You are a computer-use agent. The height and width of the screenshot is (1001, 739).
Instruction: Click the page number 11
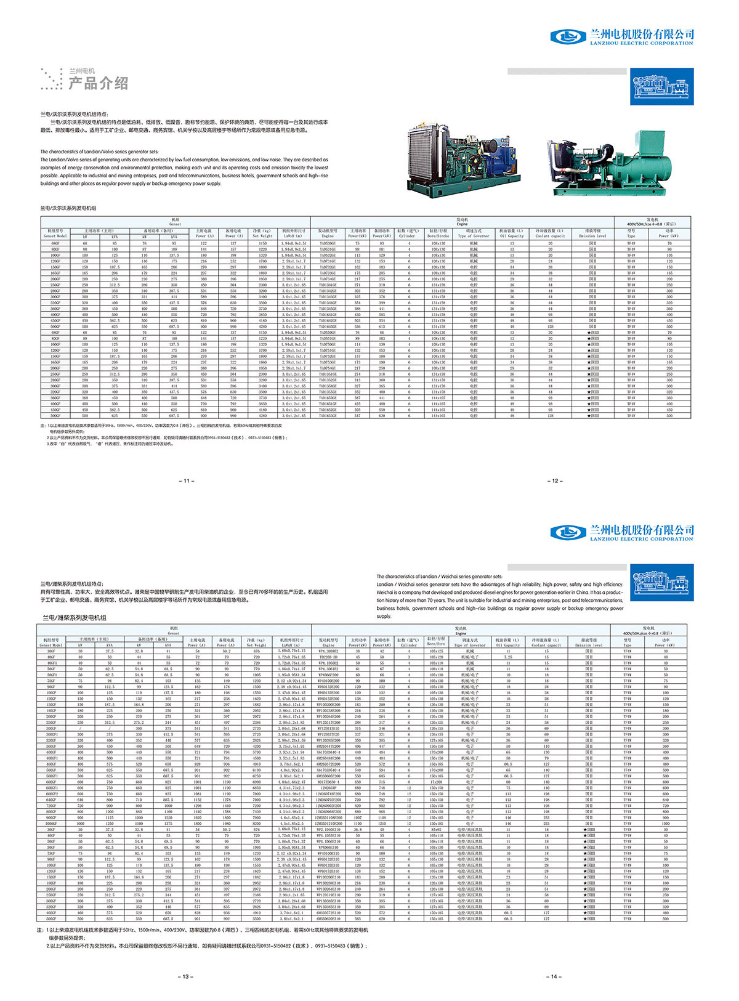point(187,480)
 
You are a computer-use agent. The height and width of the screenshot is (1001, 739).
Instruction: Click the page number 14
point(554,976)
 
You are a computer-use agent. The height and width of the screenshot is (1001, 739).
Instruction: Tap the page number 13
point(187,976)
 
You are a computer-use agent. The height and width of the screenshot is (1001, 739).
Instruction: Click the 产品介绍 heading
point(98,83)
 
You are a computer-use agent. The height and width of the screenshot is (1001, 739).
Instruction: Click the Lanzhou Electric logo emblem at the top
point(567,36)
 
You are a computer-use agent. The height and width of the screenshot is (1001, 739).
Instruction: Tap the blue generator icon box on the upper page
point(662,86)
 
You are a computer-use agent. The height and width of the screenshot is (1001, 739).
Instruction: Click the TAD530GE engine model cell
point(328,243)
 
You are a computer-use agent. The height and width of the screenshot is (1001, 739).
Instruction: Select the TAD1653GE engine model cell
point(328,416)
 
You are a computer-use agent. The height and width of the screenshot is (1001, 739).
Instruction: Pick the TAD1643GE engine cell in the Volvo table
point(328,326)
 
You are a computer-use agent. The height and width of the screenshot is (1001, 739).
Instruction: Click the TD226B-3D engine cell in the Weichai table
point(328,657)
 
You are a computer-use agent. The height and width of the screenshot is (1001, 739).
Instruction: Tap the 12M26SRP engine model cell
point(328,788)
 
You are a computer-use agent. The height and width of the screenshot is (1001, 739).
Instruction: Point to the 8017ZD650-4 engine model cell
point(328,782)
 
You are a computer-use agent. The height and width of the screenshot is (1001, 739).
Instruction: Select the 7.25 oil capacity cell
point(508,657)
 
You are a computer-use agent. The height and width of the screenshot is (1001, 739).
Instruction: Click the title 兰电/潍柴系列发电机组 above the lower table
point(74,617)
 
